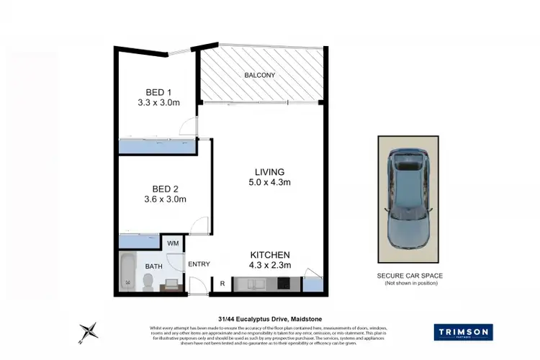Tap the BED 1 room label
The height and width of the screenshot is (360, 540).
point(158,92)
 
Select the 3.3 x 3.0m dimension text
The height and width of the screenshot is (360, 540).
point(158,104)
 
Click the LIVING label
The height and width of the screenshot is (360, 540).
point(269,172)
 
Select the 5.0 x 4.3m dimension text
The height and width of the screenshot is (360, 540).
point(269,183)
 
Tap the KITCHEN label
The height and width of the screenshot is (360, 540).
point(269,255)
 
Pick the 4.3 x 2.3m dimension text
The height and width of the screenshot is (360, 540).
point(269,266)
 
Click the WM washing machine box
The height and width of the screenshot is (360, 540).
point(173,244)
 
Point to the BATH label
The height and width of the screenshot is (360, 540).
point(153,266)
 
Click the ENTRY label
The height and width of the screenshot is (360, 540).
point(199,264)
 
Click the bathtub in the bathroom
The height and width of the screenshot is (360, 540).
point(128,273)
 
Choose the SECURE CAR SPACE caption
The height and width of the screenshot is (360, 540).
point(409,276)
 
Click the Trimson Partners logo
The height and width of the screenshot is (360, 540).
point(463,332)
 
